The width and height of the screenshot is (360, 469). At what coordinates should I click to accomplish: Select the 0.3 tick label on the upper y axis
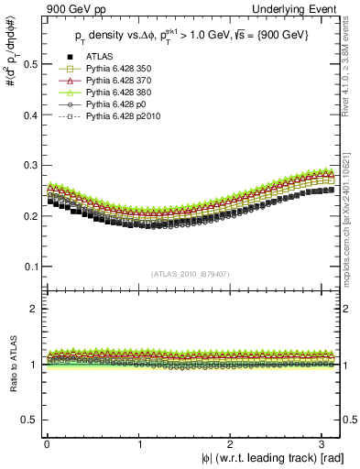click(27, 166)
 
